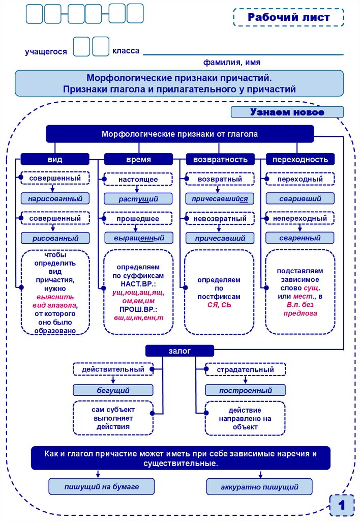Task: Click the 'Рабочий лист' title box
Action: pos(289,17)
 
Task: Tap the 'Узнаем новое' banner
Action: pos(287,112)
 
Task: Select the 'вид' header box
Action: pos(55,159)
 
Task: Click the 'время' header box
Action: pos(138,159)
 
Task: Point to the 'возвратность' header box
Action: pos(220,159)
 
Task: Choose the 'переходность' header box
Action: pos(300,159)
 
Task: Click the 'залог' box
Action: pos(179,351)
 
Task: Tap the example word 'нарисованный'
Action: pos(55,198)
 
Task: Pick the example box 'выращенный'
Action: pos(138,238)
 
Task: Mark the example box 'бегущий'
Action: pos(113,390)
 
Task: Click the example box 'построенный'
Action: pos(245,390)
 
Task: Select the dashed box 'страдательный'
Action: pos(245,369)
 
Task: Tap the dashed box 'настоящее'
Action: pos(138,180)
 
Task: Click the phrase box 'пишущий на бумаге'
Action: pos(102,486)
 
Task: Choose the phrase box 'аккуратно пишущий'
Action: pos(259,486)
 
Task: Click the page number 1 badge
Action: pos(342,506)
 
